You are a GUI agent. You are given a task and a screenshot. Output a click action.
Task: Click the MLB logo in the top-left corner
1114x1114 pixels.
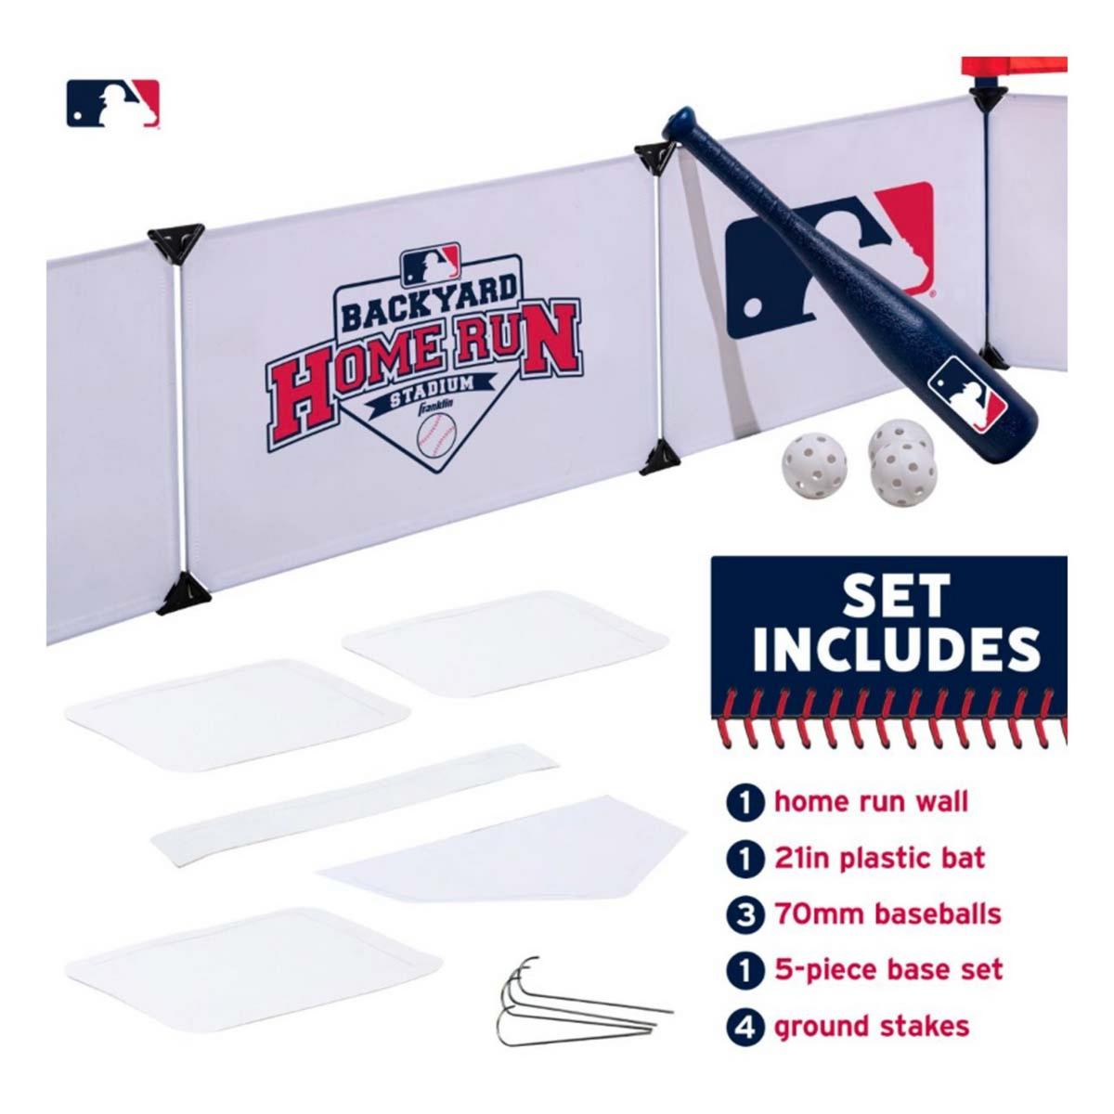[x=112, y=103]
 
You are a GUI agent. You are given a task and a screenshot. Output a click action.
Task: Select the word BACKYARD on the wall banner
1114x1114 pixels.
[x=428, y=303]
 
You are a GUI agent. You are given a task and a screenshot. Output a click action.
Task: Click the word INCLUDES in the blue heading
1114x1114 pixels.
[x=897, y=651]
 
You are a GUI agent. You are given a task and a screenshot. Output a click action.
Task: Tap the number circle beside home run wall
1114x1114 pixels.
[x=745, y=804]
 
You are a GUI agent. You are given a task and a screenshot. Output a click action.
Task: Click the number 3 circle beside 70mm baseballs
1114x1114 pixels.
[x=745, y=914]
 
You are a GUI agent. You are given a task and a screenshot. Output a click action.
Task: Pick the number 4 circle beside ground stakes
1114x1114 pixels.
[x=745, y=1027]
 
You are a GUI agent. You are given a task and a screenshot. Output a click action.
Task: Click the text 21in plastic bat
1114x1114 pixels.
[x=879, y=858]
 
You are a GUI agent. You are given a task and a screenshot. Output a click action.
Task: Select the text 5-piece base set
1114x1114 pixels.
[x=889, y=970]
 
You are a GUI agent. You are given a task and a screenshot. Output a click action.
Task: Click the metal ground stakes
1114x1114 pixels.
[x=578, y=1020]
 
